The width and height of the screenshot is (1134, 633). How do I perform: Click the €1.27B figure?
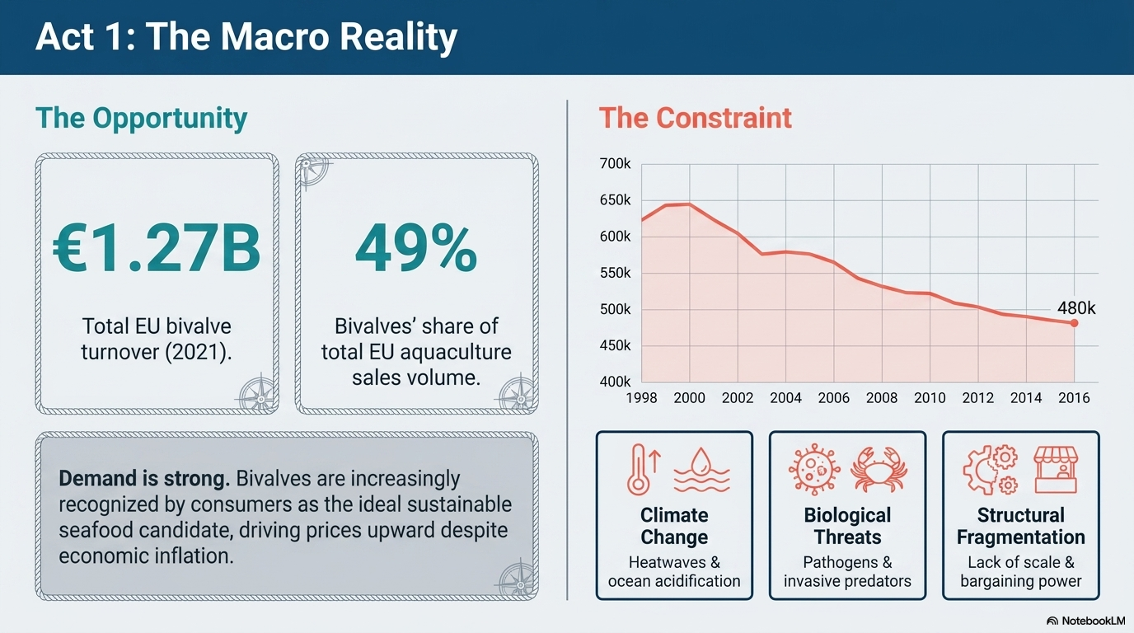(157, 249)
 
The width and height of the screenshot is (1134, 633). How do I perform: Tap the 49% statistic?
(416, 249)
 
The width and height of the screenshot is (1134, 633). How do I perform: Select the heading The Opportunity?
(141, 119)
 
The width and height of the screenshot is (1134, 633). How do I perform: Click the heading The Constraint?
(695, 118)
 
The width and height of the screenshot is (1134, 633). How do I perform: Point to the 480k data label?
(1075, 308)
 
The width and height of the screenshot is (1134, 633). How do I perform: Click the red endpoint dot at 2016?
(1074, 323)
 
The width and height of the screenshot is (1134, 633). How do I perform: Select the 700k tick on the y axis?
(615, 163)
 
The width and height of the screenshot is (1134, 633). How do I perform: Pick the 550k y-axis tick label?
(615, 273)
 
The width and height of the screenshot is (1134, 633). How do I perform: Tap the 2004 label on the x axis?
(785, 398)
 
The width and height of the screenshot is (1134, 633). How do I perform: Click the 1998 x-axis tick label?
(641, 398)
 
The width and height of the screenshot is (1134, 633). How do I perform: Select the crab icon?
(879, 470)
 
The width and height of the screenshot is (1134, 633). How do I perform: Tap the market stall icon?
(1056, 470)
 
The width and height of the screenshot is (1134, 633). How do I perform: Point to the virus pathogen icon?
(814, 470)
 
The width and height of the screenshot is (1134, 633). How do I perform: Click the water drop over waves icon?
(701, 470)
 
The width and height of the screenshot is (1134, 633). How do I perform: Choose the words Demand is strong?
(144, 479)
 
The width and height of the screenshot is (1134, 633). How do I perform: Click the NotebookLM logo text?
(1094, 621)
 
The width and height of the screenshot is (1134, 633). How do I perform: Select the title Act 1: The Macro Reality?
(246, 37)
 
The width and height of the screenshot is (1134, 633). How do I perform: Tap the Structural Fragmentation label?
(1020, 526)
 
